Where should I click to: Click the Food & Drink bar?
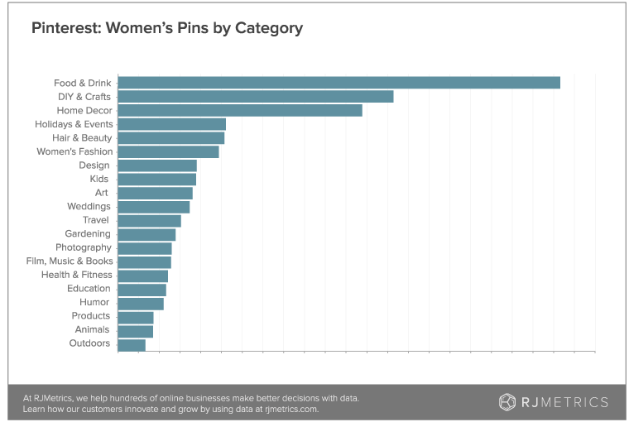339,83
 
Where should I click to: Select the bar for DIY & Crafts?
256,97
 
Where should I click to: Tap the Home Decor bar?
240,110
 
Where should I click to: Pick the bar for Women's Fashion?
169,151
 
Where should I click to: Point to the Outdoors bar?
132,343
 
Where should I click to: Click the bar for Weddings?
154,206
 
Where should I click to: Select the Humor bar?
141,303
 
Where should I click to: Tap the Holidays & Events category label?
75,124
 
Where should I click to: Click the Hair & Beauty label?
81,137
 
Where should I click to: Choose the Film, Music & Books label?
70,261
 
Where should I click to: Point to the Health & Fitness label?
75,275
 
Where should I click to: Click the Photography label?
83,247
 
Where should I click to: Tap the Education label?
89,289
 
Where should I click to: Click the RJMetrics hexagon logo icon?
507,402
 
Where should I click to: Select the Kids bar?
156,179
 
